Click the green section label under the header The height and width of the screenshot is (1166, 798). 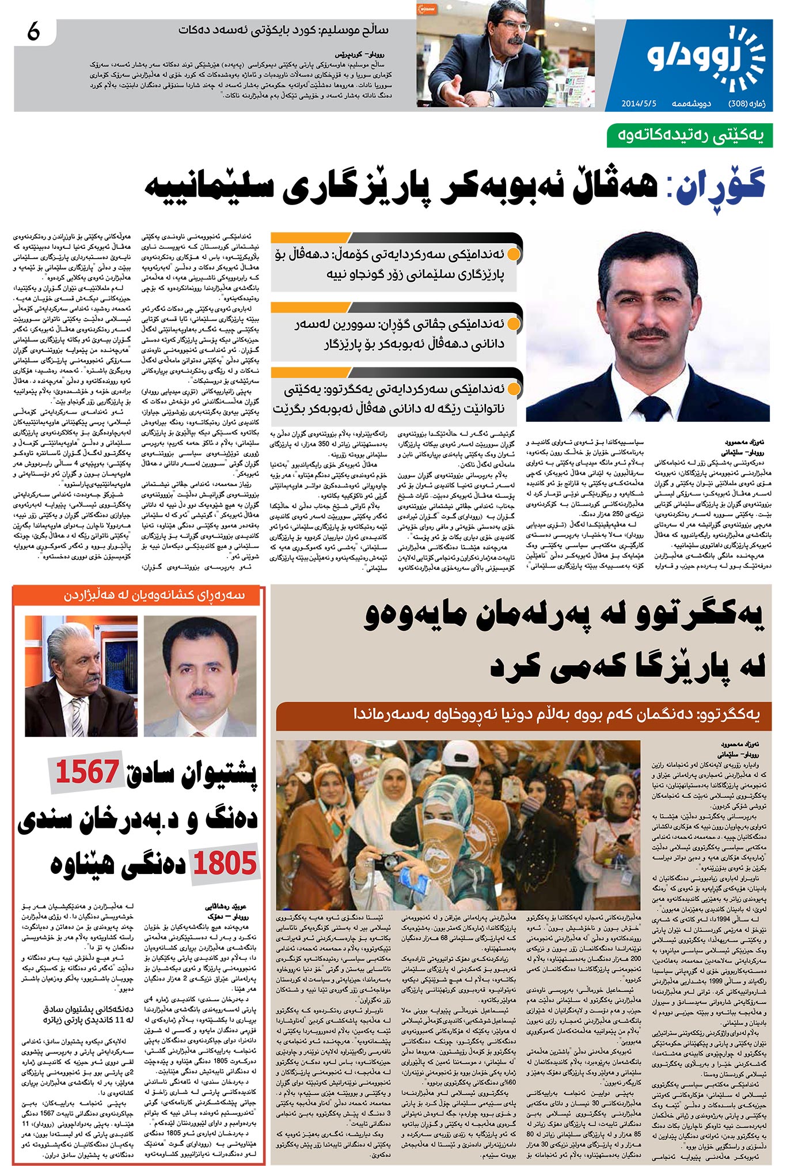click(689, 136)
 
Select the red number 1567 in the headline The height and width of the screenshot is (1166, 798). click(88, 772)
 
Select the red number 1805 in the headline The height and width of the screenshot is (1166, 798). click(225, 864)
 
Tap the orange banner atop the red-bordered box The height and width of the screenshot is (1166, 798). click(139, 596)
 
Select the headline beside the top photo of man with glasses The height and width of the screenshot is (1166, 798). click(283, 31)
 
